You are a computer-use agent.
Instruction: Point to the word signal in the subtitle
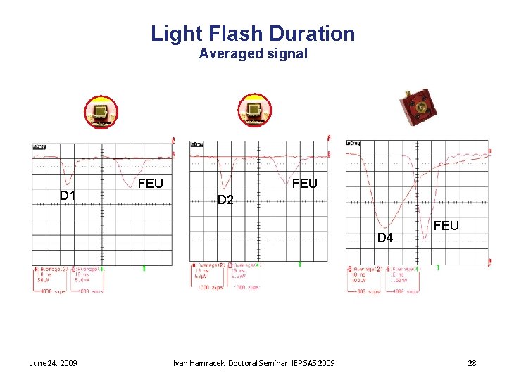[x=287, y=53]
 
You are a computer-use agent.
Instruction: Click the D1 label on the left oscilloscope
[x=68, y=195]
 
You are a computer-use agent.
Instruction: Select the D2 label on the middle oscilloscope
[x=225, y=200]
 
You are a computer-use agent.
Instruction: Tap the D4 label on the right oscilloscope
[x=385, y=238]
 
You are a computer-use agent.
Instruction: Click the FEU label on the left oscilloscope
[x=151, y=184]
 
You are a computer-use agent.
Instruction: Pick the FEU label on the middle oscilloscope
[x=305, y=184]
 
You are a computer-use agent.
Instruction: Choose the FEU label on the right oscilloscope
[x=446, y=226]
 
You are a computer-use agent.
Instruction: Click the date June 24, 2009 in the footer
[x=54, y=363]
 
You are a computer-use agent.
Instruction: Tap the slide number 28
[x=472, y=363]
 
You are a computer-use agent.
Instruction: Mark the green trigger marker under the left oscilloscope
[x=144, y=267]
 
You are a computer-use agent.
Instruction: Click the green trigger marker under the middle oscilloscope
[x=299, y=264]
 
